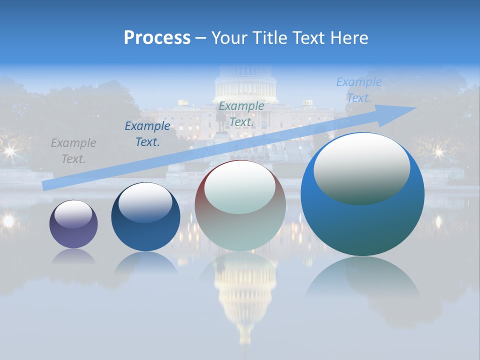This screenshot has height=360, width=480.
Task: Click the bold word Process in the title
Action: coord(157,38)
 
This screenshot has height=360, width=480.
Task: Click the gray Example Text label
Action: coord(73,151)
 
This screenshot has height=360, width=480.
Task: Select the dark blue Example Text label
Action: coord(147,134)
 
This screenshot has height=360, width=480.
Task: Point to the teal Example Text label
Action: coord(241,113)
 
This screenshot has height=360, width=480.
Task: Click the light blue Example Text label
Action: coord(358,90)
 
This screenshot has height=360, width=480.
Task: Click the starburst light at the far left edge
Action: coord(9,150)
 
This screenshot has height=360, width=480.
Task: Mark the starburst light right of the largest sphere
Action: coord(438,151)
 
